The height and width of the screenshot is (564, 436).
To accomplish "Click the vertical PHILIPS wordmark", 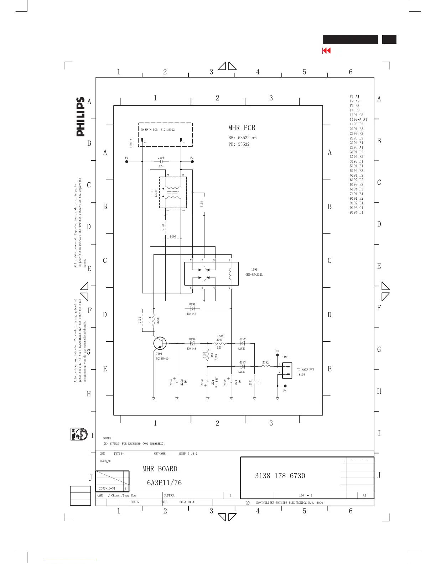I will coord(81,117).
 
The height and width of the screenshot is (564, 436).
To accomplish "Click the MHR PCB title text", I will coord(242,128).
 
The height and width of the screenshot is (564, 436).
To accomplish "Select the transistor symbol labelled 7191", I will coord(160,344).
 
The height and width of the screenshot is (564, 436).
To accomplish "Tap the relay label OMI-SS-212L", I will coord(254,275).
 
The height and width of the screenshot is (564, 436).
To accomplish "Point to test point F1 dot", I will coord(126,162).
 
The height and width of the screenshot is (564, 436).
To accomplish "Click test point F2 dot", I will coord(192,162).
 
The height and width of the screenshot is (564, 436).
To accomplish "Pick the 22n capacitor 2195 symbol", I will coord(161,162).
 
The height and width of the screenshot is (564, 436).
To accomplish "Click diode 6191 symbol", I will coord(192,308).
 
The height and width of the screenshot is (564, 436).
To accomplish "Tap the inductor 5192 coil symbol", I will coord(266,366).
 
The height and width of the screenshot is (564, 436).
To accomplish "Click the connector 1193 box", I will coord(287,370).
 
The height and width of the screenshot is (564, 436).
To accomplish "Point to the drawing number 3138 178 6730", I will coord(280,476).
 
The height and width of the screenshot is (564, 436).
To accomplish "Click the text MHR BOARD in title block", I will coord(160,469).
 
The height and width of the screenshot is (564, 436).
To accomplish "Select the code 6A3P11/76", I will coord(164,483).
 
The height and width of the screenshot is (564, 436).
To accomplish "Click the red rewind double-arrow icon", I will coord(326,51).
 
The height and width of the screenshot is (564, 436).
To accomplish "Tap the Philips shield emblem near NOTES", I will coord(78,434).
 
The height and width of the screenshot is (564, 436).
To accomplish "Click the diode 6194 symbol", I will coord(192,344).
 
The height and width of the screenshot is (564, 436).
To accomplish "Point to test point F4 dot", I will coord(285,386).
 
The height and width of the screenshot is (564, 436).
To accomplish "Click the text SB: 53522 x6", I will coord(242,138).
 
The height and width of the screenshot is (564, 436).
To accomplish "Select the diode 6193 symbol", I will coord(243,366).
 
